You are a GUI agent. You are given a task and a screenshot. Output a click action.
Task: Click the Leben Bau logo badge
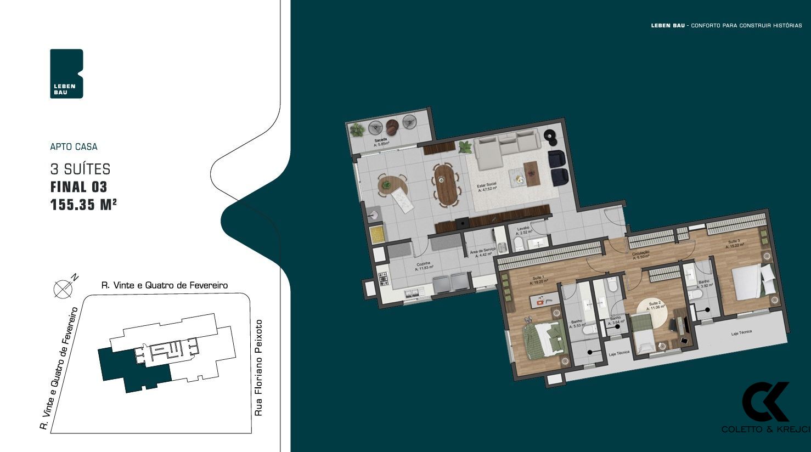coord(66,74)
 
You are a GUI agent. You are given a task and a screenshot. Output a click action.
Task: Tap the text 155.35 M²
coord(83,205)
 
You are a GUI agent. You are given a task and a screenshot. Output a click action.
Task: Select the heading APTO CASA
coord(74,147)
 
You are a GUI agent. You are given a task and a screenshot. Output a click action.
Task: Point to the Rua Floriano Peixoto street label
coord(259,368)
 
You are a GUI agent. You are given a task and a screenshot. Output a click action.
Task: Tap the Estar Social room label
coord(487,187)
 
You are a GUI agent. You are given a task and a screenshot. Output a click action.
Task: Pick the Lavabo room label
coord(523,230)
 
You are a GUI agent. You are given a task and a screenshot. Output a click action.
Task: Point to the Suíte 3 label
coord(735,244)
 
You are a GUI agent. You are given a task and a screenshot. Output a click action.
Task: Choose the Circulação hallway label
coord(641,255)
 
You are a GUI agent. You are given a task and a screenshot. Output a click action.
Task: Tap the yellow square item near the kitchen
coord(378,235)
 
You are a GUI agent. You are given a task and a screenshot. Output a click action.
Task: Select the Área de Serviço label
coord(482,252)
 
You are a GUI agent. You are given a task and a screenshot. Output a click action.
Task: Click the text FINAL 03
coord(78,187)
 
